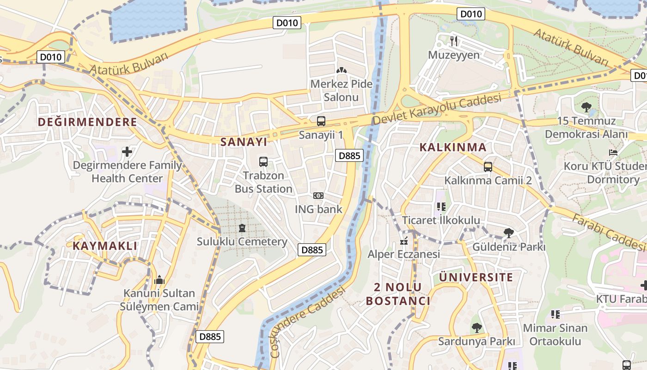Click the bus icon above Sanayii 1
(x=321, y=122)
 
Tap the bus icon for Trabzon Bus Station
(x=263, y=162)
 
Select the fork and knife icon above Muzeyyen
(x=454, y=41)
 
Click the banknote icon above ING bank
(x=318, y=196)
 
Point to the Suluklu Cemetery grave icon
(x=242, y=228)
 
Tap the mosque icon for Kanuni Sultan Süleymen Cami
(x=159, y=280)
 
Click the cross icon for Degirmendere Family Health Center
(x=127, y=152)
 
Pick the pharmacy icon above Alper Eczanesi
(x=404, y=241)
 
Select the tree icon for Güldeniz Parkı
(x=509, y=233)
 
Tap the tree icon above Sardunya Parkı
(x=476, y=328)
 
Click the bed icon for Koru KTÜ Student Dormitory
(x=613, y=152)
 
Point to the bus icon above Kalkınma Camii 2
(x=488, y=166)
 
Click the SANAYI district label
(x=244, y=142)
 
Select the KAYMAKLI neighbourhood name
(x=105, y=246)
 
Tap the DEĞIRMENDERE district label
(x=87, y=122)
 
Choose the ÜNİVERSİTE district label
(x=476, y=277)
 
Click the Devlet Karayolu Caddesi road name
(x=437, y=109)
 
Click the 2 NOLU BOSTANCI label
(x=398, y=294)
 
